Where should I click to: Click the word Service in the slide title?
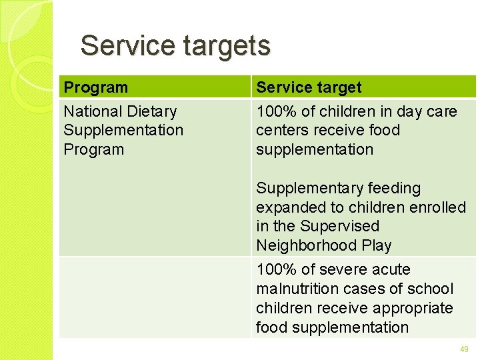pos(117,46)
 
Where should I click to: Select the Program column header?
pos(95,87)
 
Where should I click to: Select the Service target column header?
pos(309,87)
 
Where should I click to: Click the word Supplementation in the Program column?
pos(123,130)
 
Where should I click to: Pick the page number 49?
pos(464,349)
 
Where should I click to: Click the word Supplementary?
pos(305,189)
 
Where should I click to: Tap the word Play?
pos(377,245)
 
